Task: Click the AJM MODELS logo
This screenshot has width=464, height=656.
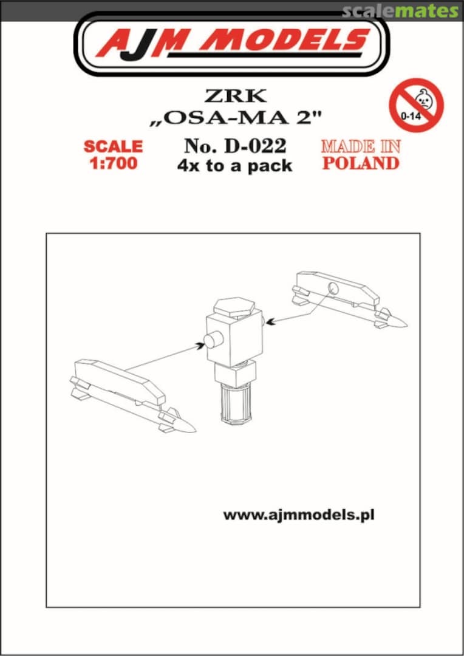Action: point(231,44)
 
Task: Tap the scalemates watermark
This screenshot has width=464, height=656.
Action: point(400,12)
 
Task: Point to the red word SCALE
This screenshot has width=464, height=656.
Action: point(113,146)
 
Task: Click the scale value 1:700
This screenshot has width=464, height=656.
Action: point(113,163)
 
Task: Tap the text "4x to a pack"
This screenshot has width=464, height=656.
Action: point(234,166)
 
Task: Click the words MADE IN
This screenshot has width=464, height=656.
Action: point(361,146)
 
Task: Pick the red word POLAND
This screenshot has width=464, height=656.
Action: point(361,163)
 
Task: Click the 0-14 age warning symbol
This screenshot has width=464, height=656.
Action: point(416,105)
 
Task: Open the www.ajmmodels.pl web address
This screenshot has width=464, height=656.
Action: point(299,515)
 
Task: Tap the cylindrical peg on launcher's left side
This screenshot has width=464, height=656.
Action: point(213,341)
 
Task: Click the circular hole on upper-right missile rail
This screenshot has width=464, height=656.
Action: point(333,288)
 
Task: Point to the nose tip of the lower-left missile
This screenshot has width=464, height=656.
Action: point(196,429)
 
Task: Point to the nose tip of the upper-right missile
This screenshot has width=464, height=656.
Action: point(406,323)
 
